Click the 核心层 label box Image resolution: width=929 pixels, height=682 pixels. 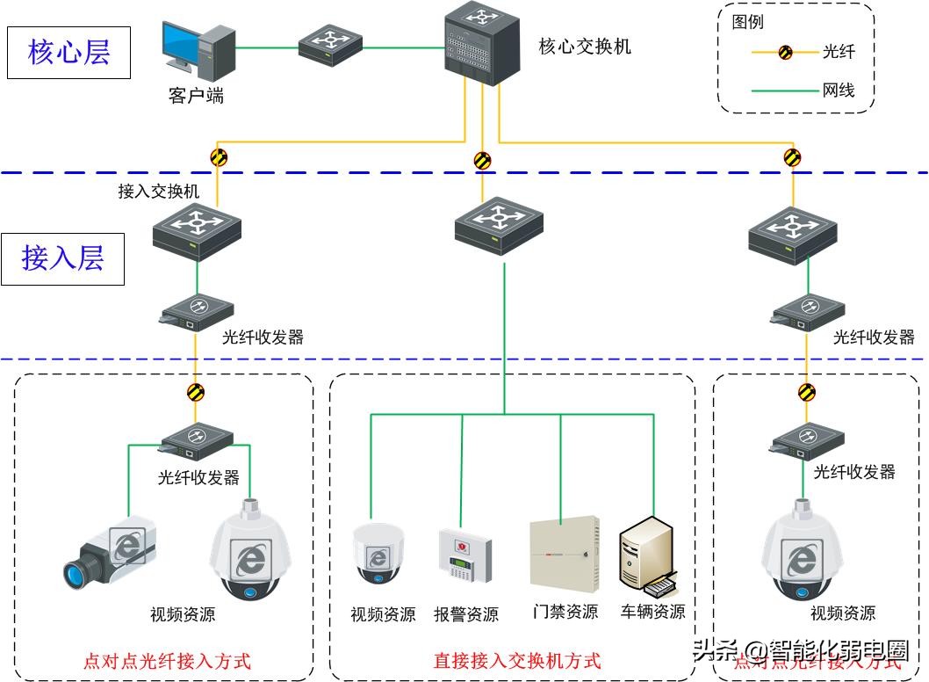[x=69, y=53]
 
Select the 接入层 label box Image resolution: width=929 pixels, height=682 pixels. [x=62, y=258]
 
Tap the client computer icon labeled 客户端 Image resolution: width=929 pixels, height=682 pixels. [x=197, y=49]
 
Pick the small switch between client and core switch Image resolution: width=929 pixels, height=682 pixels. [x=329, y=46]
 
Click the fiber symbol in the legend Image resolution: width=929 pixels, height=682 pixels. [x=786, y=53]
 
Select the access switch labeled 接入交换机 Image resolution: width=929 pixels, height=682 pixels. [x=197, y=231]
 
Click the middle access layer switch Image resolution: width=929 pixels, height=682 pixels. [x=499, y=225]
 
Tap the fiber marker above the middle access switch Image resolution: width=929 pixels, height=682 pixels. [x=482, y=161]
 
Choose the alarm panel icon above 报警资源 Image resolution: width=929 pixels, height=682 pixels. [x=464, y=555]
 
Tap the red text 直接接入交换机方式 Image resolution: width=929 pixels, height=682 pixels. [x=517, y=660]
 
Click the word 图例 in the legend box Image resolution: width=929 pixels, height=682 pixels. [x=747, y=23]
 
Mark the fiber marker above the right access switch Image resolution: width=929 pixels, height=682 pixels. [x=793, y=158]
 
